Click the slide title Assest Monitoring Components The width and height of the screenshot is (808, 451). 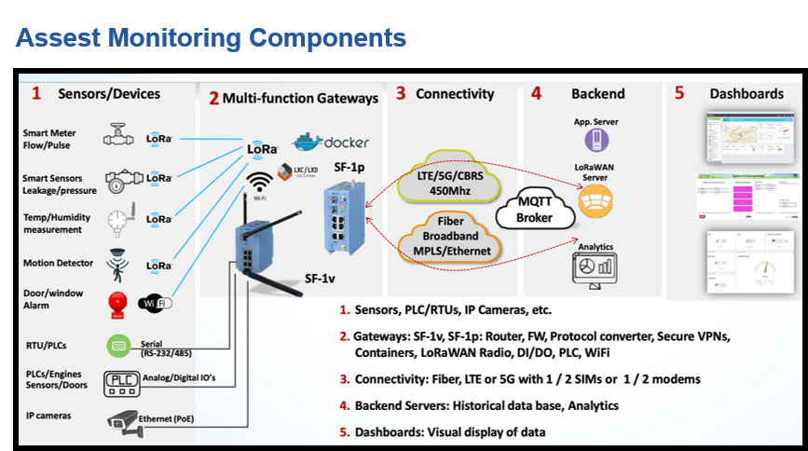click(212, 38)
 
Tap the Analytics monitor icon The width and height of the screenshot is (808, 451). click(594, 268)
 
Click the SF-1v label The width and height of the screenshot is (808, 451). click(322, 278)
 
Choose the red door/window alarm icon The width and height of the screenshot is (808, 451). click(117, 304)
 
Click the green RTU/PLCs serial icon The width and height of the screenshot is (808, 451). click(118, 345)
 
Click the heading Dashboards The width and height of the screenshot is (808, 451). click(746, 94)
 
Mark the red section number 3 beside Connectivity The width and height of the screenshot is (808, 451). click(400, 93)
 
